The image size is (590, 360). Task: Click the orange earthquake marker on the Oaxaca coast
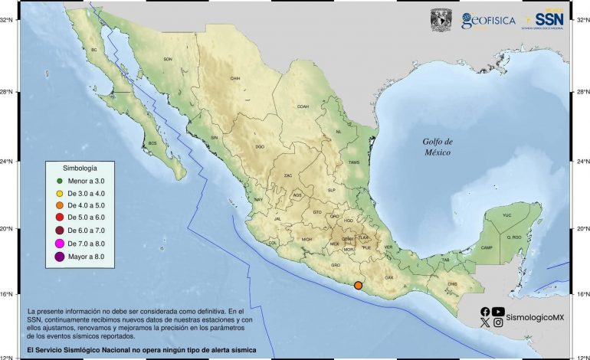coord(358,286)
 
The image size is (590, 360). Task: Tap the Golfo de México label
coord(438,147)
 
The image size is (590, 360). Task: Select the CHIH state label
coord(235,78)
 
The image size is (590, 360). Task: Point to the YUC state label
coord(506,216)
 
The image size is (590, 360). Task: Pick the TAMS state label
coord(353,162)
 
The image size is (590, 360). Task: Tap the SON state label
coord(168,59)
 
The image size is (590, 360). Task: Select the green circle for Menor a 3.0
coord(58,180)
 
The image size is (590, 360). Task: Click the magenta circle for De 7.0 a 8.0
coord(58,244)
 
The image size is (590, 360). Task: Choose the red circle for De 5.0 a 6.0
coord(58,218)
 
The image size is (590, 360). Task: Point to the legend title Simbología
coord(80,166)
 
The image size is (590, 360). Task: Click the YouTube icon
coord(499,311)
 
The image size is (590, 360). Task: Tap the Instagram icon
coord(499,323)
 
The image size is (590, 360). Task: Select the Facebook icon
coord(485,311)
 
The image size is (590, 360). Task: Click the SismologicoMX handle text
coord(535,317)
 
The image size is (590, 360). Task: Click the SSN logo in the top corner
coord(549,19)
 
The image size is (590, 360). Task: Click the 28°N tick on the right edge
coord(583,93)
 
